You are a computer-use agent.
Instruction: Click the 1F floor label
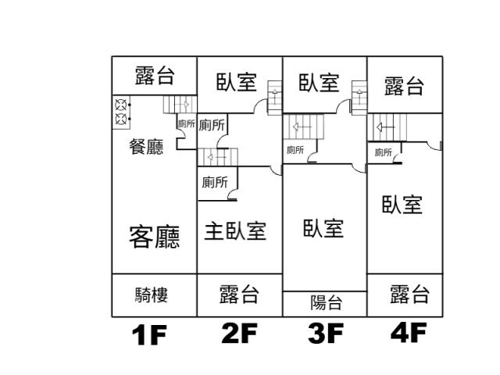coord(149,335)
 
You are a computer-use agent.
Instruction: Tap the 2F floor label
coord(240,334)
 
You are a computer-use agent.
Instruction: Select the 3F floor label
coord(326,334)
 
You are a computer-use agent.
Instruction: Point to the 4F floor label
coord(409,332)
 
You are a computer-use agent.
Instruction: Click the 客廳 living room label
coord(155,237)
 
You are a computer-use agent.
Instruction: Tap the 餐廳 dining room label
coord(146,147)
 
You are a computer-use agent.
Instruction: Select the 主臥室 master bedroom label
coord(235,231)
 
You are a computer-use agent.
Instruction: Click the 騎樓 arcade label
coord(151,295)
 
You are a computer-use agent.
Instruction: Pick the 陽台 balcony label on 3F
coord(327,302)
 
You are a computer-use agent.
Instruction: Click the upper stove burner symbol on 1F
coord(120,105)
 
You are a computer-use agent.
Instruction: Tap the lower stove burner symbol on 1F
coord(120,119)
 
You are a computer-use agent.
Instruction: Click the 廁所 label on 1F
coord(187,123)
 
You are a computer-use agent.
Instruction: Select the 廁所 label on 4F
coord(384,152)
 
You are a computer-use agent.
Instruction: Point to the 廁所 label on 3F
coord(295,150)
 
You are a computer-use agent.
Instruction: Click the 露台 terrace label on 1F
coord(155,76)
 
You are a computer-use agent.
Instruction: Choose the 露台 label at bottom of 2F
coord(239,294)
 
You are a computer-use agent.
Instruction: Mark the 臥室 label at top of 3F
coord(319,83)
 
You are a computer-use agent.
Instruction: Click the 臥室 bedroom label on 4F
coord(402,205)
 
